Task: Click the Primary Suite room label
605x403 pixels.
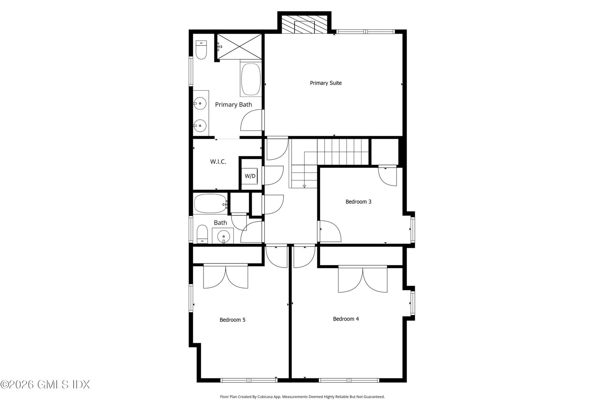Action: tap(326, 83)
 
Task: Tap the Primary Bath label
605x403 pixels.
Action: tap(233, 105)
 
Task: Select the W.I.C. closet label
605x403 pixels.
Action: tap(218, 162)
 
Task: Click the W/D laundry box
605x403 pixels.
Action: tap(250, 176)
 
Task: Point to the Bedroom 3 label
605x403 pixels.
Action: tap(358, 202)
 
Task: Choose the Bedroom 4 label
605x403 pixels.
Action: tap(346, 319)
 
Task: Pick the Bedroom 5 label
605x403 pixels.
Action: tap(232, 320)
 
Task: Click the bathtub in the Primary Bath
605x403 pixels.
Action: tap(251, 79)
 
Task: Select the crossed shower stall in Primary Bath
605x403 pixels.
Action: tap(239, 47)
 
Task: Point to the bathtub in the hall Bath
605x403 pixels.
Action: tap(210, 203)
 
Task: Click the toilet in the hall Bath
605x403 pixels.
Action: tap(202, 234)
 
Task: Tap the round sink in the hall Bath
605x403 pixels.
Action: tap(223, 236)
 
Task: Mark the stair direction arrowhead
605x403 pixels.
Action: tap(304, 186)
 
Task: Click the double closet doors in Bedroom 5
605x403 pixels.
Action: tap(226, 277)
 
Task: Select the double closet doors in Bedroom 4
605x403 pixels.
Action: tap(363, 280)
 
